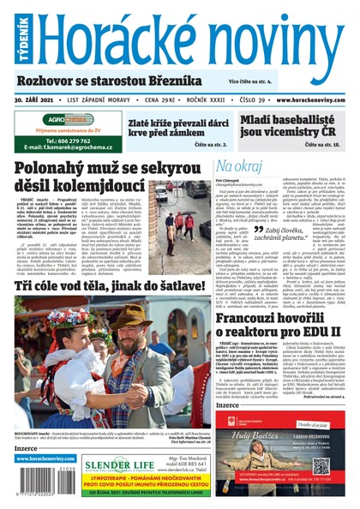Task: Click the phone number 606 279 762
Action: [x=63, y=140]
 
